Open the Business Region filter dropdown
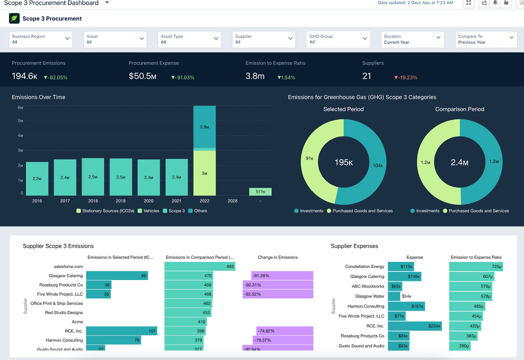(x=41, y=39)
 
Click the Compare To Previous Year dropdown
(x=486, y=39)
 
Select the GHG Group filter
(x=338, y=39)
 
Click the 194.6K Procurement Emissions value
(x=25, y=76)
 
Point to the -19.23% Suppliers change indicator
(x=406, y=77)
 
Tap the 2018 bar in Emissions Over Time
(x=93, y=177)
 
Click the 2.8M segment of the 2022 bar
(x=205, y=127)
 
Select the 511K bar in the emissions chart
(x=260, y=191)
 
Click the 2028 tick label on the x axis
(x=233, y=201)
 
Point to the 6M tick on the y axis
(x=20, y=108)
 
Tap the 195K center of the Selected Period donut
(x=343, y=162)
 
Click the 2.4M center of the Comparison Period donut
(x=459, y=162)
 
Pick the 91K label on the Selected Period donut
(x=309, y=158)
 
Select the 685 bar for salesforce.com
(x=200, y=267)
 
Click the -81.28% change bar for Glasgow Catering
(x=282, y=276)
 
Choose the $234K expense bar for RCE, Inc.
(x=415, y=326)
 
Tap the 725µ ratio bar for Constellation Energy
(x=476, y=267)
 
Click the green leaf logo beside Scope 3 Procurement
(x=14, y=18)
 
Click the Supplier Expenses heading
(x=355, y=246)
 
